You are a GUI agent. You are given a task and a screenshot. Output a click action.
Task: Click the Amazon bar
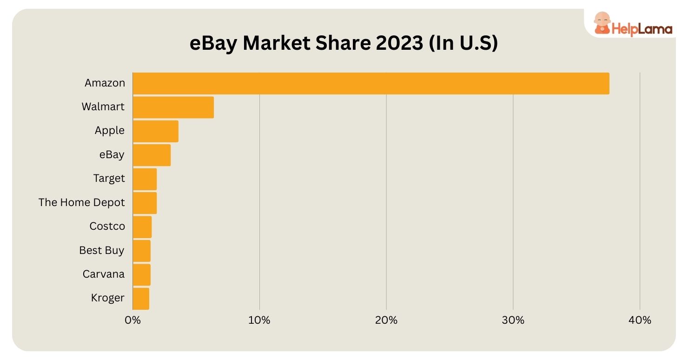[370, 83]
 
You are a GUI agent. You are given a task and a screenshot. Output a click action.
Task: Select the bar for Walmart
[173, 107]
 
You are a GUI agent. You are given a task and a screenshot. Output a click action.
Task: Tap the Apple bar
[155, 131]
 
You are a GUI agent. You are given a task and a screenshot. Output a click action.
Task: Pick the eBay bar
[152, 155]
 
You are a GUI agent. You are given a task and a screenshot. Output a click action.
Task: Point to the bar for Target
[145, 179]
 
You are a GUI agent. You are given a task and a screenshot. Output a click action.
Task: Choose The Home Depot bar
[145, 203]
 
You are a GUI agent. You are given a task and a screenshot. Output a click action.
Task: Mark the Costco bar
[142, 227]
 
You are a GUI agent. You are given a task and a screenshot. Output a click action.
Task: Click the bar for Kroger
[141, 298]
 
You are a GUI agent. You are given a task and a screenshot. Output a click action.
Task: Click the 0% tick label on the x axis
[132, 320]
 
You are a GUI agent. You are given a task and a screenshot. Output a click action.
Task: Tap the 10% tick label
[259, 320]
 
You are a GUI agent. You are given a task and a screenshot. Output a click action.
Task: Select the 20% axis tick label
[386, 320]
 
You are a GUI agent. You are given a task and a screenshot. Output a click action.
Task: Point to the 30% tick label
[513, 320]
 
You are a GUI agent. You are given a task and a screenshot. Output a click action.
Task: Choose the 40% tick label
[640, 320]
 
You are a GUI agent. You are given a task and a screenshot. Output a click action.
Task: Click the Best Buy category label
[102, 250]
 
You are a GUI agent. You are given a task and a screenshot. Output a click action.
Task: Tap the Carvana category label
[104, 274]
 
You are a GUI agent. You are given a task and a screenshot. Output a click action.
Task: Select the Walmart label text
[103, 107]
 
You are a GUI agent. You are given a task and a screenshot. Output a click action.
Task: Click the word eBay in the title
[213, 44]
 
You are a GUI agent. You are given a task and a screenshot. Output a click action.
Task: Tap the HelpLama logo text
[642, 29]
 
